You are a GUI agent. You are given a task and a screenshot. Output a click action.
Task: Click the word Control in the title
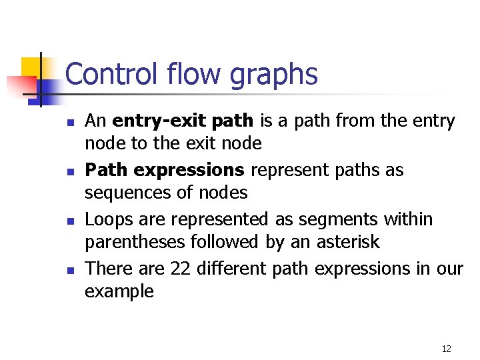click(110, 74)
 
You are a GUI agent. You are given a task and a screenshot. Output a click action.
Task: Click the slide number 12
click(446, 349)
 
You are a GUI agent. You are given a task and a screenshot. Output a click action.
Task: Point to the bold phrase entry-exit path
click(183, 121)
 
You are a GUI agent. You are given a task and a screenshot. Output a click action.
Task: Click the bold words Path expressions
click(165, 171)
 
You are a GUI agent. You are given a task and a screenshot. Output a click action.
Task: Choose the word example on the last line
click(119, 292)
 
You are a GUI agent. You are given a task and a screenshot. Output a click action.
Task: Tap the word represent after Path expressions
click(289, 171)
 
